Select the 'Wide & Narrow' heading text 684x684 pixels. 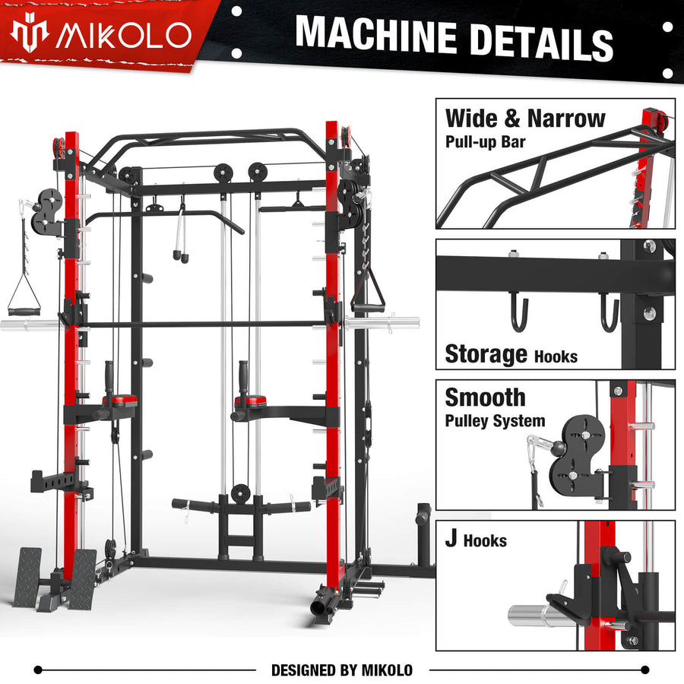coord(525,119)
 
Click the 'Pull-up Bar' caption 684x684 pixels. coord(485,141)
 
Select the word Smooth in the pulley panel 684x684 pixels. coord(485,397)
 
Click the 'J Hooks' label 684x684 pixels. coord(476,540)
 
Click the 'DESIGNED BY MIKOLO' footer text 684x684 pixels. coord(342,670)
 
